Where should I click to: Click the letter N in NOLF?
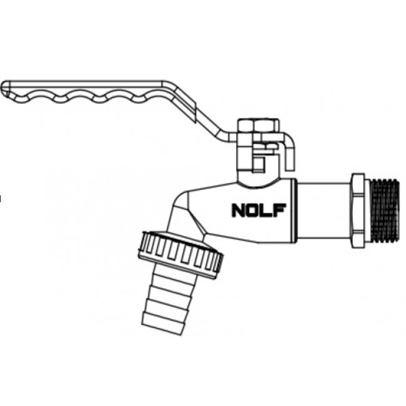click(x=238, y=210)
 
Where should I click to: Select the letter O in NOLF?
click(x=252, y=210)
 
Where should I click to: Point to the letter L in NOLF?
click(x=267, y=210)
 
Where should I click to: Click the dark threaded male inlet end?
click(x=385, y=210)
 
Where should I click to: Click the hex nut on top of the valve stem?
click(x=259, y=126)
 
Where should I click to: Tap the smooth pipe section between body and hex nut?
click(x=324, y=210)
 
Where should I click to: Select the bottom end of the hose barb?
click(x=162, y=329)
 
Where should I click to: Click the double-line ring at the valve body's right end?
click(x=295, y=210)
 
